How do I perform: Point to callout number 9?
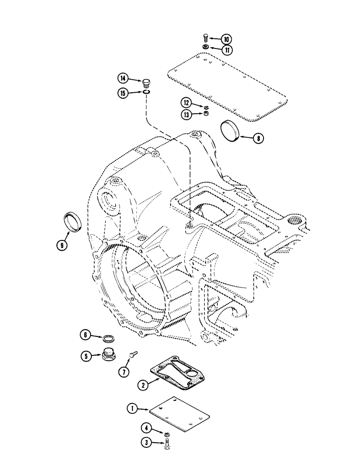tap(62, 244)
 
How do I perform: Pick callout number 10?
tap(226, 39)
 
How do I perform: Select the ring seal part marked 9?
tap(74, 221)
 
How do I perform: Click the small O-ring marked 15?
tap(147, 92)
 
